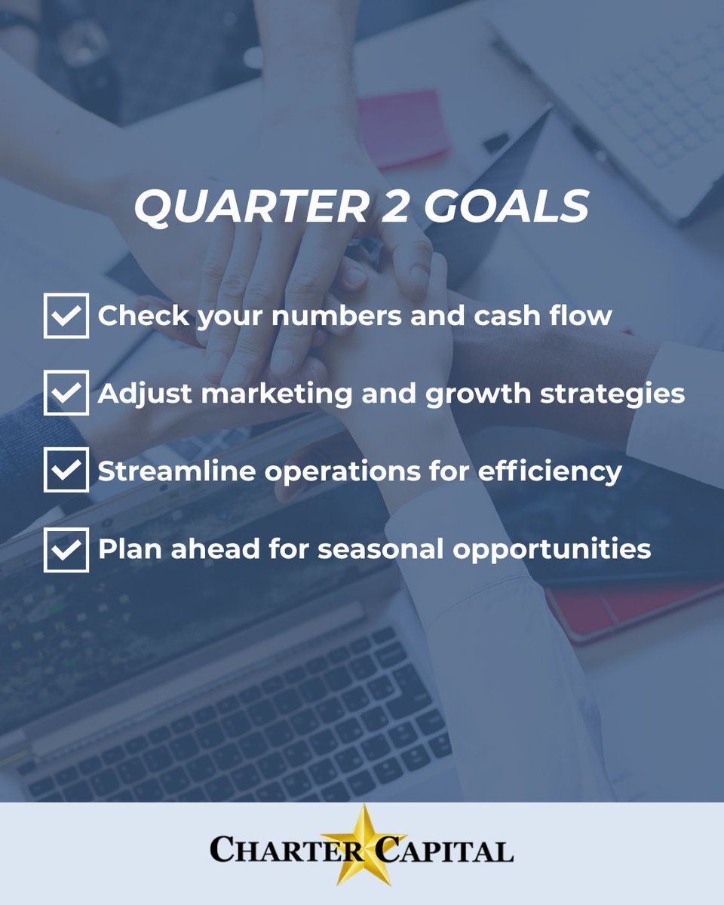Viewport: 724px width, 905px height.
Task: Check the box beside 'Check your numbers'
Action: click(x=66, y=315)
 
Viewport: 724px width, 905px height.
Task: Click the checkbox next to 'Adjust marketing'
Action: click(x=66, y=392)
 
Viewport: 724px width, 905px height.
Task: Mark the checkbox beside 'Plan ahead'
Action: click(x=66, y=549)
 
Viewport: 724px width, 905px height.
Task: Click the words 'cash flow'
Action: click(x=542, y=315)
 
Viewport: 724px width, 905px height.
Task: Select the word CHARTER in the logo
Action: click(x=264, y=851)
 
